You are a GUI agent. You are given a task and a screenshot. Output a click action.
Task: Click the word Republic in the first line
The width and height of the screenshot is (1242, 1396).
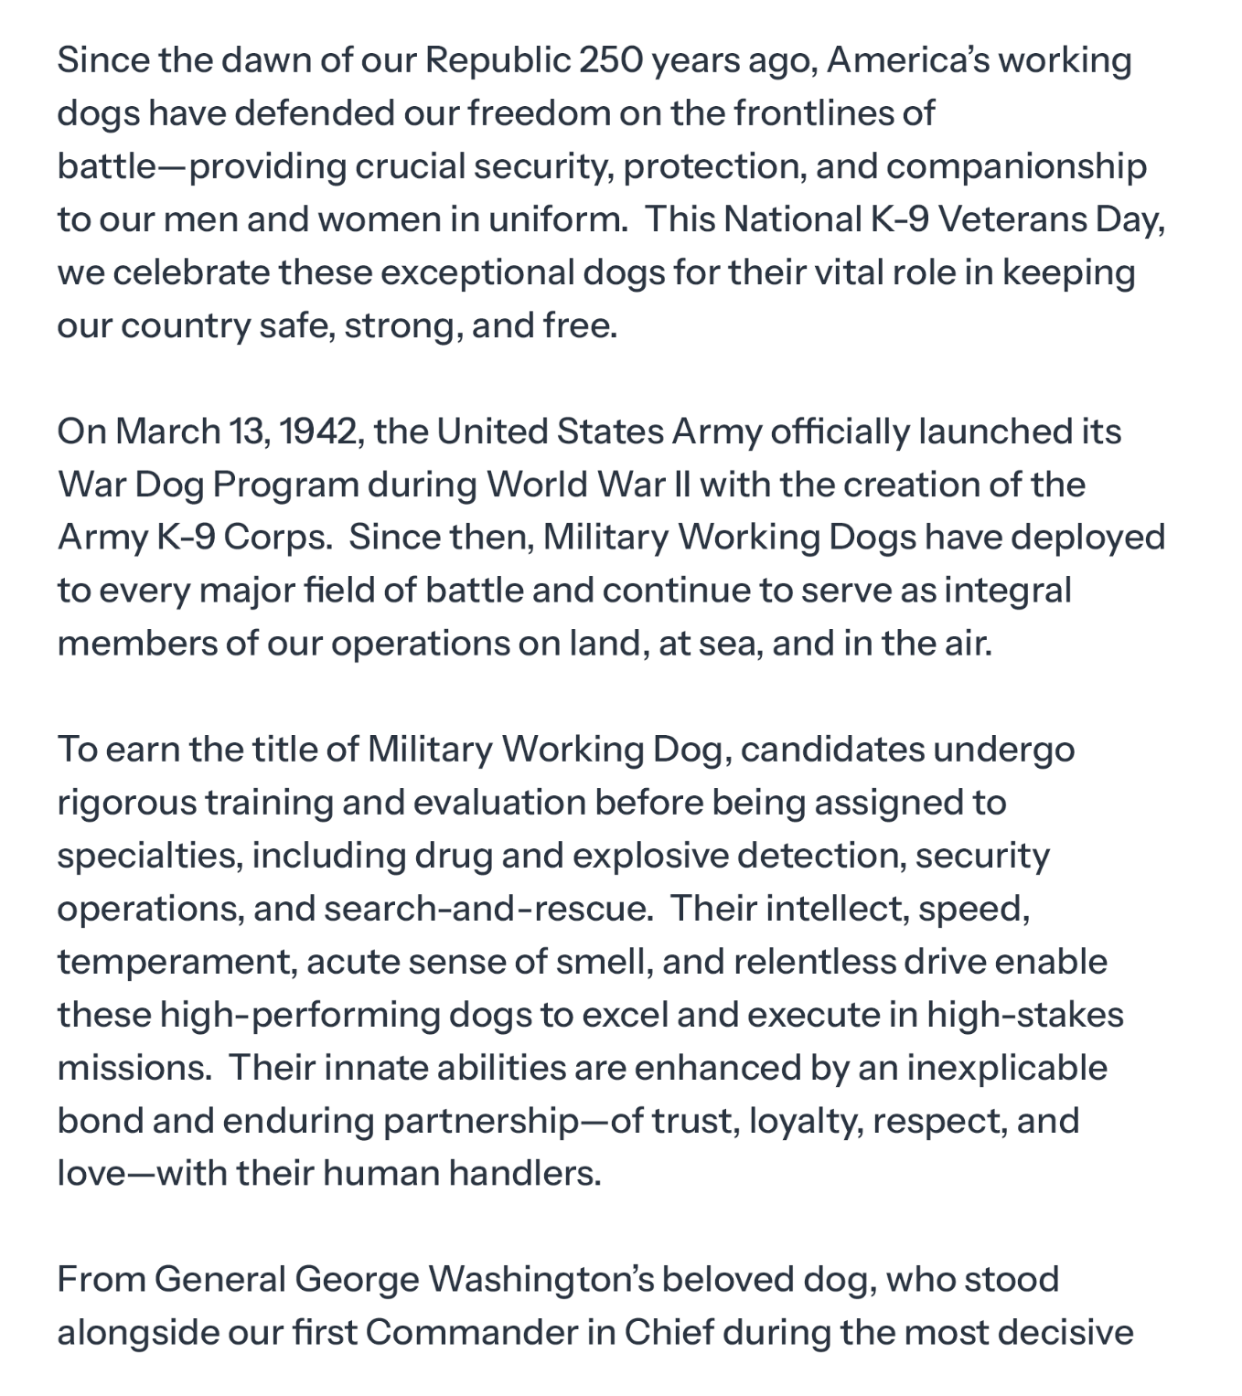tap(497, 60)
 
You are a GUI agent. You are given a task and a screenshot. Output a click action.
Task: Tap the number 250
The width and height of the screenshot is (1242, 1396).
tap(609, 60)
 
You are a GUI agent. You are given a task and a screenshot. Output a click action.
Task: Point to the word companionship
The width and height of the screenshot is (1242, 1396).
tap(1016, 166)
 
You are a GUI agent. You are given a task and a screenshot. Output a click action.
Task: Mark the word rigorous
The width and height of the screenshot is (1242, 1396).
tap(126, 803)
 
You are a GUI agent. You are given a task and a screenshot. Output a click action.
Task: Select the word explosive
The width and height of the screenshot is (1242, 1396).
tap(650, 856)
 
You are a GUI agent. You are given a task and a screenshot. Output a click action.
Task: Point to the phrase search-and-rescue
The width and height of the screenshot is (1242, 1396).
tap(487, 909)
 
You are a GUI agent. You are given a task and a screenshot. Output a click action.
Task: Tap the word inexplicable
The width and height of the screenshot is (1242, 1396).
tap(1007, 1068)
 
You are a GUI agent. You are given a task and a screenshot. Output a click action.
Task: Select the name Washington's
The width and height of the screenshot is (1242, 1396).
tap(541, 1280)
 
